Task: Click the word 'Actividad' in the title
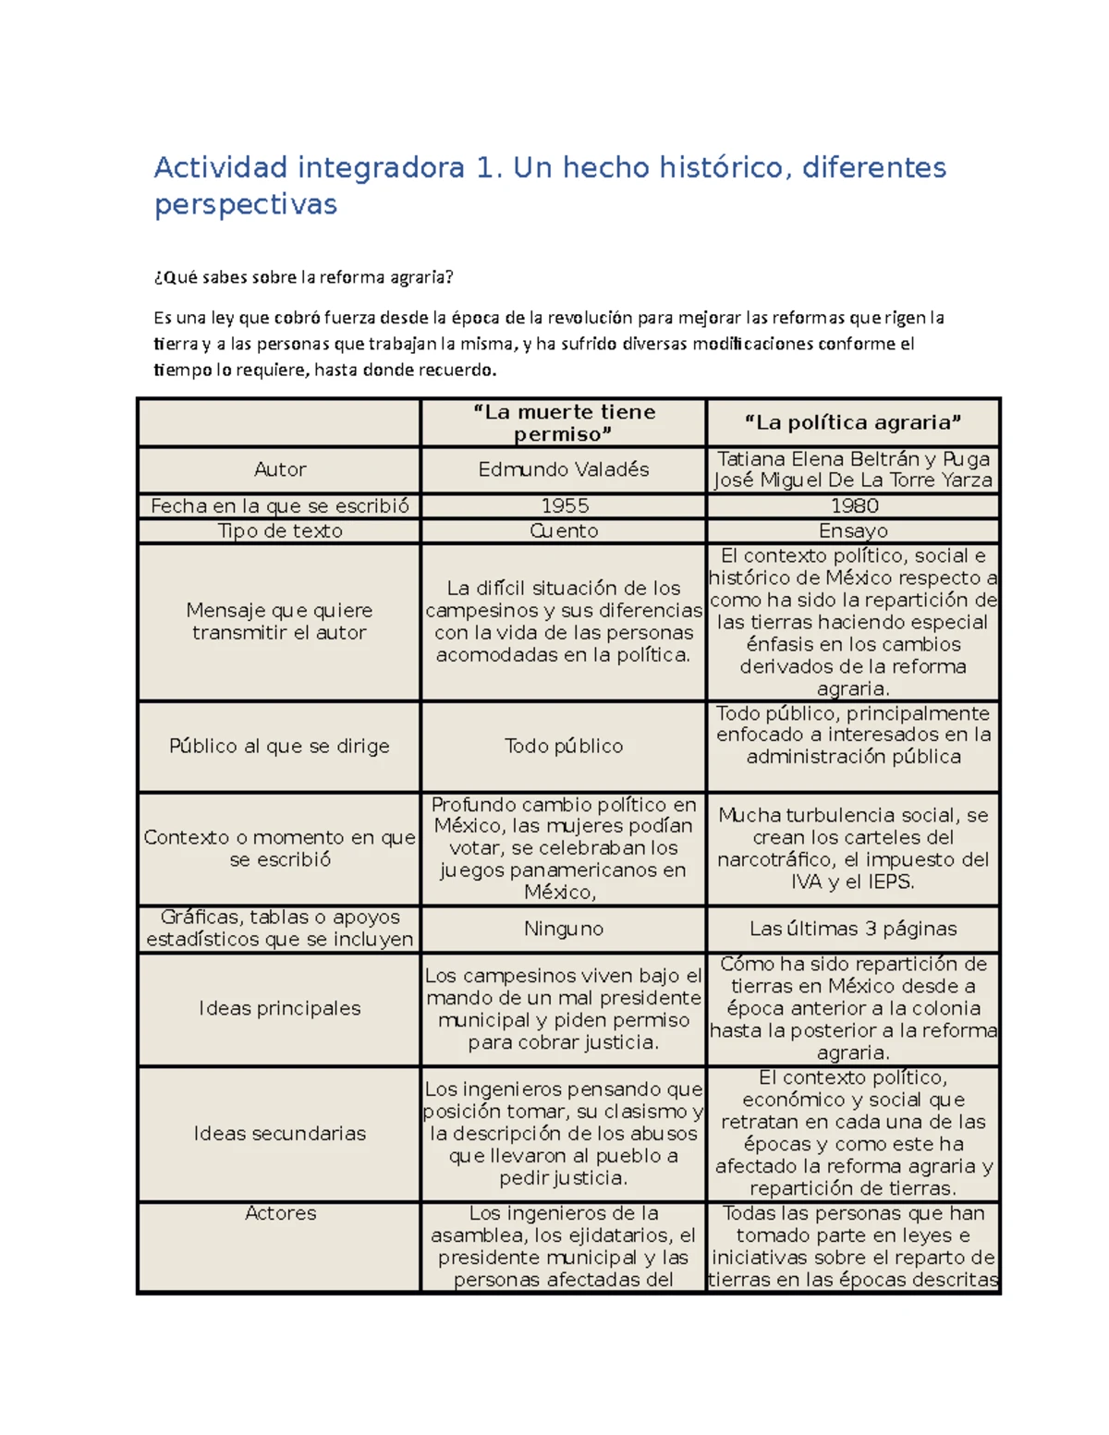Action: click(221, 167)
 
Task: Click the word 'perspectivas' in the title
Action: click(245, 204)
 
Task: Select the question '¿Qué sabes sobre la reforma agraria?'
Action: click(304, 277)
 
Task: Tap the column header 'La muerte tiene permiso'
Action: click(564, 422)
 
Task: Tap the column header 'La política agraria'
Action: click(853, 422)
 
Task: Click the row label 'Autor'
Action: click(279, 469)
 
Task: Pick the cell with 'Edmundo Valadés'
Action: click(564, 469)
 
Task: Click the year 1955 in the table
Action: click(565, 505)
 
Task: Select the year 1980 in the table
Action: click(854, 505)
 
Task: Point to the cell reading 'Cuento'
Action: click(564, 530)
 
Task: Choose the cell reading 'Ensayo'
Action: click(853, 530)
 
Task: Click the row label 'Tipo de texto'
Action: click(279, 530)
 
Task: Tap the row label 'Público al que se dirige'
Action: click(279, 746)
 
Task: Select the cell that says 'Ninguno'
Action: click(564, 929)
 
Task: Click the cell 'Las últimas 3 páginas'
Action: click(853, 929)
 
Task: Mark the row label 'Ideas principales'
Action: click(279, 1008)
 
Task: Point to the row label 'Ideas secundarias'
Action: click(279, 1133)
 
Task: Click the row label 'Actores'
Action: click(280, 1213)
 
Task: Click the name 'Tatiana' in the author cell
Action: click(751, 458)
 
